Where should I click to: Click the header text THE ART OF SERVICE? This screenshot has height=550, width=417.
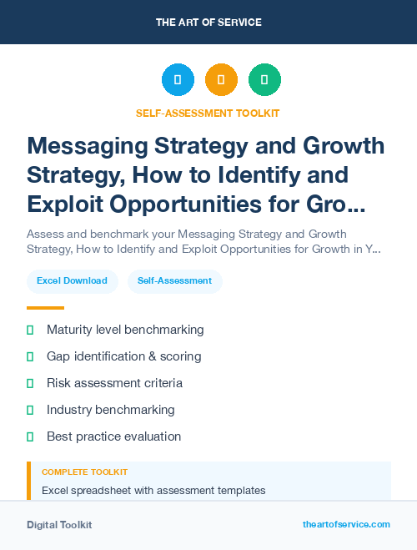click(x=208, y=23)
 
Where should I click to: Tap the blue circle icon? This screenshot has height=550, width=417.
click(x=178, y=80)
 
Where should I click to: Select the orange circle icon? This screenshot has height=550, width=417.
click(x=221, y=80)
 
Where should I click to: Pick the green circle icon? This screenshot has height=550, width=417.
click(x=264, y=80)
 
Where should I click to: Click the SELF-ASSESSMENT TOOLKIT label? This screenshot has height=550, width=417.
click(x=208, y=113)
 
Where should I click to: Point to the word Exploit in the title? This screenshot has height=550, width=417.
click(x=67, y=204)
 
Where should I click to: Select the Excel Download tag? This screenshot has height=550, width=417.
click(x=72, y=281)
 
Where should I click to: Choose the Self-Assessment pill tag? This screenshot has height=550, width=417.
click(x=175, y=281)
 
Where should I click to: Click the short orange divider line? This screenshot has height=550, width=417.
click(x=45, y=308)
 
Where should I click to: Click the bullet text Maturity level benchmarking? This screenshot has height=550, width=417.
click(x=125, y=330)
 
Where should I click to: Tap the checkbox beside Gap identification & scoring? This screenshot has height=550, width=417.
click(x=30, y=356)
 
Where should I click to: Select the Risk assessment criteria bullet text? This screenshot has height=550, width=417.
click(x=114, y=383)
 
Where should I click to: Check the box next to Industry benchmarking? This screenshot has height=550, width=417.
click(x=30, y=410)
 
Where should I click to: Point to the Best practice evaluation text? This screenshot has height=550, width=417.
click(x=113, y=436)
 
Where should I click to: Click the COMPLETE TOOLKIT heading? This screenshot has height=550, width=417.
click(x=84, y=472)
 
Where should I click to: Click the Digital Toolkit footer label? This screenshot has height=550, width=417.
click(x=59, y=525)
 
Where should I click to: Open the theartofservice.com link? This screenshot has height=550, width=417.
click(x=346, y=524)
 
